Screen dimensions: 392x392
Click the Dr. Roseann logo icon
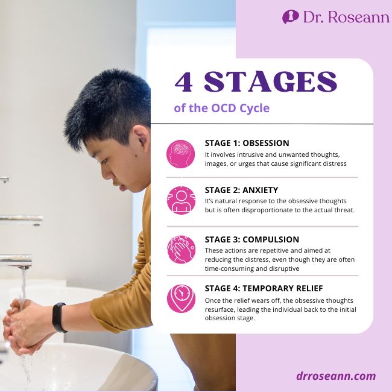pos(290,17)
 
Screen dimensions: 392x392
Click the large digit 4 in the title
pos(185,82)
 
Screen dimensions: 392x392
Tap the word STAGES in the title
pos(271,82)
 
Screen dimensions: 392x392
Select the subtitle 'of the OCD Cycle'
pos(221,109)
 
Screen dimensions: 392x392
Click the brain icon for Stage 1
pos(181,154)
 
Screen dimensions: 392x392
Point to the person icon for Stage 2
pos(181,200)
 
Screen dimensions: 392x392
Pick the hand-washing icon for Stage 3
pos(181,249)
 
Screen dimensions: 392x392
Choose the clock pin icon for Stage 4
pos(181,298)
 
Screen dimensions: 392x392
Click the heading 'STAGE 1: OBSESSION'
pos(247,144)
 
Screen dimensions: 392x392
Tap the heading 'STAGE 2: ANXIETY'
pos(241,190)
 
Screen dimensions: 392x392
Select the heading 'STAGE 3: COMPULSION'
pos(252,239)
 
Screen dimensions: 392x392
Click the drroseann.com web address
pos(336,376)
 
